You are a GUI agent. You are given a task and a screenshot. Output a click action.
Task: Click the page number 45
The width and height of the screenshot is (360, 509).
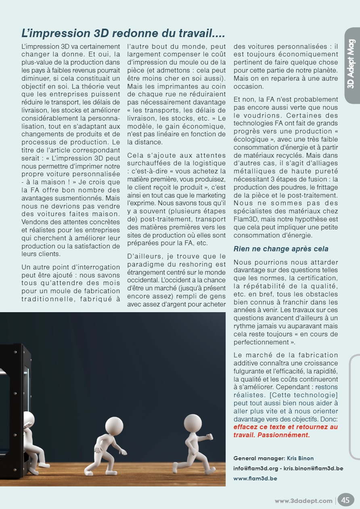(345, 500)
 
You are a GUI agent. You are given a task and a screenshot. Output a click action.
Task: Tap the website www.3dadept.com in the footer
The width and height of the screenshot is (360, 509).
(303, 501)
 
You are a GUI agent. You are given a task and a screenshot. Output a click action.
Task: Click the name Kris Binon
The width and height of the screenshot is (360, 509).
(300, 458)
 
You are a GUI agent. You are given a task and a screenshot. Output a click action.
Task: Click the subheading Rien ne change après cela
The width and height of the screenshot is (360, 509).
(281, 249)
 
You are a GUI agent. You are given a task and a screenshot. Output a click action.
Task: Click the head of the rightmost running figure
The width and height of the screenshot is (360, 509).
(193, 423)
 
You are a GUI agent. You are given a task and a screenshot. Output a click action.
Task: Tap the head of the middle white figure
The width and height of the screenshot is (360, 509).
(114, 426)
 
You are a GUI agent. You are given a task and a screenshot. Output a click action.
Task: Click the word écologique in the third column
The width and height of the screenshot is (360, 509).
(253, 139)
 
